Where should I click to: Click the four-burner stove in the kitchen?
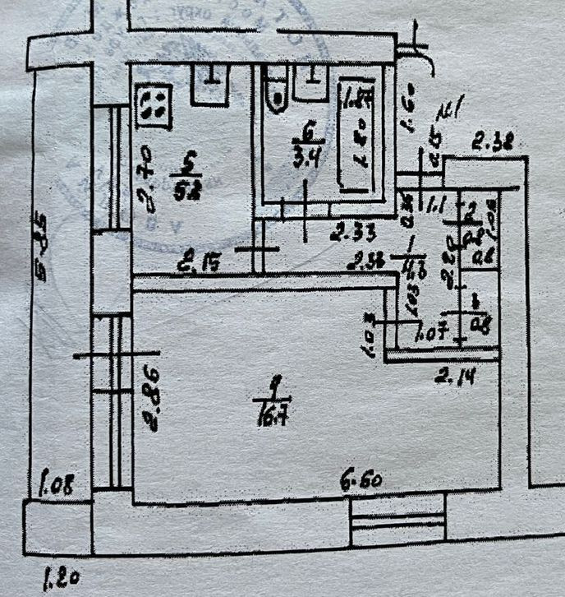pos(154,106)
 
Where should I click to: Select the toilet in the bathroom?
pos(277,90)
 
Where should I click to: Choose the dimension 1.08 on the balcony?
pos(57,484)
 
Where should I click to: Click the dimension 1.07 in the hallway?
pos(432,335)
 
